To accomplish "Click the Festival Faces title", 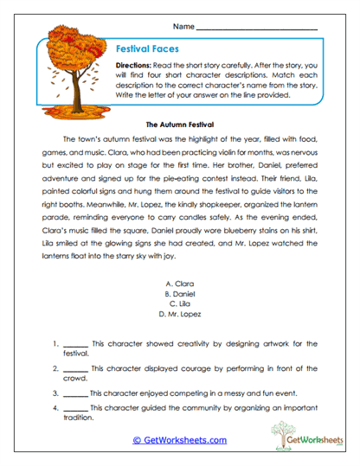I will pyautogui.click(x=147, y=50).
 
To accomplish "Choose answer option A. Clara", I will pyautogui.click(x=180, y=284).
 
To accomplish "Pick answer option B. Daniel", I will pyautogui.click(x=180, y=294).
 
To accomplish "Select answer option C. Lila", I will pyautogui.click(x=180, y=304).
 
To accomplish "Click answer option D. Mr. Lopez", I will pyautogui.click(x=180, y=315).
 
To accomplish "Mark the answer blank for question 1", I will pyautogui.click(x=76, y=343).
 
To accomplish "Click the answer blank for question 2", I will pyautogui.click(x=76, y=368).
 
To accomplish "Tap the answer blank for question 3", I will pyautogui.click(x=76, y=392).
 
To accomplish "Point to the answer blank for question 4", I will pyautogui.click(x=76, y=407).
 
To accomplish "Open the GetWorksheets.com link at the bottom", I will pyautogui.click(x=180, y=440).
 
